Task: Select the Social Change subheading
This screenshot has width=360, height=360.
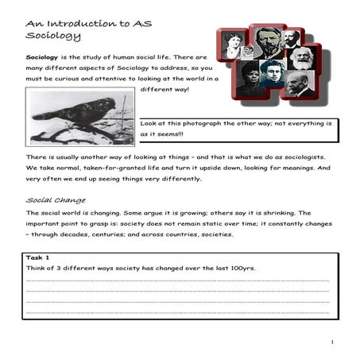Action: point(56,200)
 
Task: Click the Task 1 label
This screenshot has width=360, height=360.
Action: point(37,258)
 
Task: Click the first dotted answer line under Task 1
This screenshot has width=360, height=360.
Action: point(178,281)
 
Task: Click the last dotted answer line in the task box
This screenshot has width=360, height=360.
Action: point(178,313)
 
